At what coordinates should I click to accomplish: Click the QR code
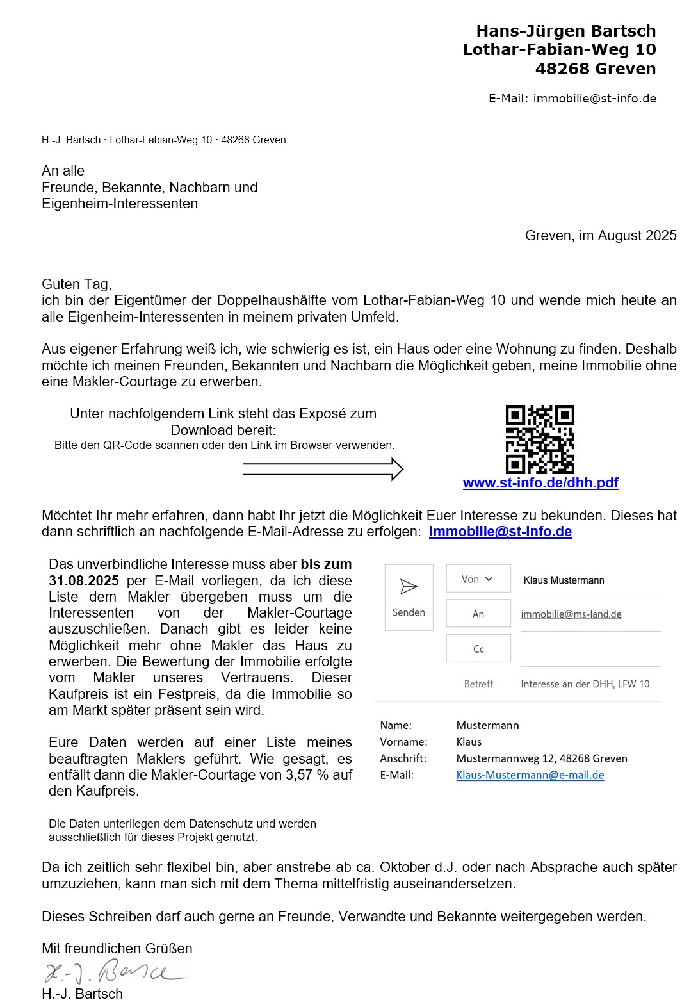(540, 439)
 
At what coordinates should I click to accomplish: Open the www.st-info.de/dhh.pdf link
(540, 483)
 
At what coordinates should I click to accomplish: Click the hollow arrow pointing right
(323, 470)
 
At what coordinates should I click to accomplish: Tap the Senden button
(409, 597)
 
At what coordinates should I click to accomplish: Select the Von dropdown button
(478, 579)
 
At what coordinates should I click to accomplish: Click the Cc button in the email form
(478, 649)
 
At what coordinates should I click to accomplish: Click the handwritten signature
(115, 972)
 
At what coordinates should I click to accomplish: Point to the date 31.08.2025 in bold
(84, 581)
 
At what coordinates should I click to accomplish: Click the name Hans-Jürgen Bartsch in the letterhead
(565, 31)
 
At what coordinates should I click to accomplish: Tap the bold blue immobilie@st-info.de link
(500, 532)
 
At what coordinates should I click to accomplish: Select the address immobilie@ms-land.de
(571, 614)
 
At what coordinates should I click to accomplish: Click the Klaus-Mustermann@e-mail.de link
(530, 775)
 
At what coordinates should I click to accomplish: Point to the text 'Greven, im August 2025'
(601, 236)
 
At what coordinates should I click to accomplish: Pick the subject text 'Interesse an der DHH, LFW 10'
(585, 684)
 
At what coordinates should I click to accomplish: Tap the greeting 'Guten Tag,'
(77, 284)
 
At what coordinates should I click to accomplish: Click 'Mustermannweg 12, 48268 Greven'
(542, 758)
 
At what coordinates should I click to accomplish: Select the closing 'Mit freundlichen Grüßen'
(117, 948)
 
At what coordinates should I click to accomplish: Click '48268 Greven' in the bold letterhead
(596, 69)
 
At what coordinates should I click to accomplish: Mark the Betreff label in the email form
(478, 684)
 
